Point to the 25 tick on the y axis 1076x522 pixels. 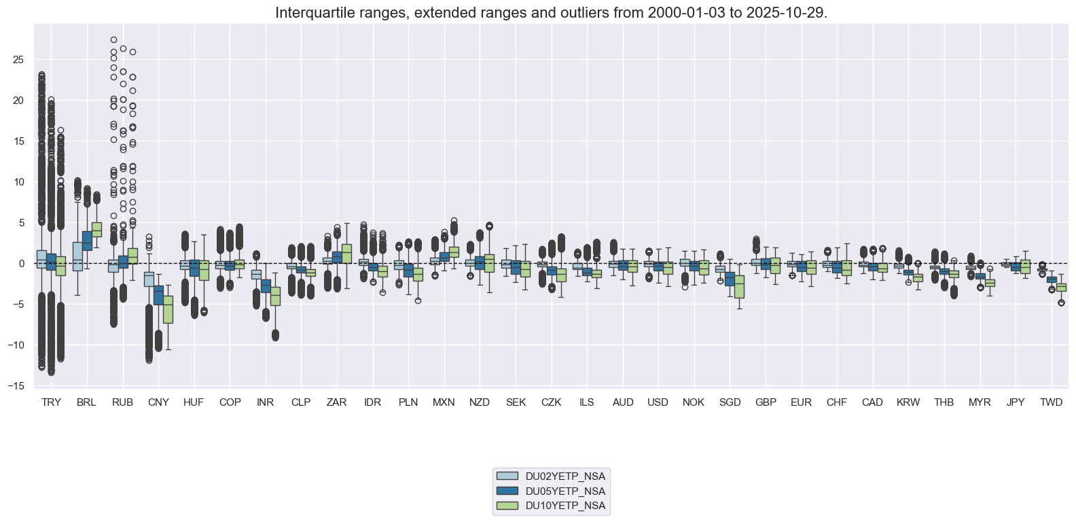(x=19, y=60)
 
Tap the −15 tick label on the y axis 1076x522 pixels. (x=16, y=386)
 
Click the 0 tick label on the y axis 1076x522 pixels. (x=22, y=264)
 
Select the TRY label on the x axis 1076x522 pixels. (x=51, y=402)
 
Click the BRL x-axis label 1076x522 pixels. (x=86, y=402)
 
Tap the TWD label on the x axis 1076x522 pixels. (x=1051, y=402)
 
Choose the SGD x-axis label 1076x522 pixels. (x=730, y=402)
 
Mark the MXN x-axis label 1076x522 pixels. (x=444, y=402)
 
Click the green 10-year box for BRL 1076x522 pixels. (x=96, y=230)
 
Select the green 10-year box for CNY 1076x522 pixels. (x=168, y=309)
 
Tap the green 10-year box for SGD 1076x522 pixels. (x=739, y=286)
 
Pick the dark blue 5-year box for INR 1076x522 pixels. (x=266, y=286)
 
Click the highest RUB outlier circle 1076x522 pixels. (x=113, y=40)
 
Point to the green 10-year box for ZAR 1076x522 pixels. (x=346, y=254)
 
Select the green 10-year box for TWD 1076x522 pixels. (x=1060, y=288)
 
